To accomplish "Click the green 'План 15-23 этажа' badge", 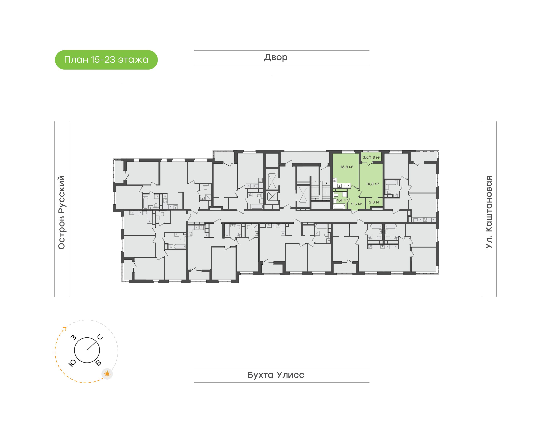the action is click(x=106, y=60).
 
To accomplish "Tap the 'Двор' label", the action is click(x=276, y=57).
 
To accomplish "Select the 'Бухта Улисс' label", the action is click(x=276, y=375).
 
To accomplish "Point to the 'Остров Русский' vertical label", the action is click(x=62, y=212).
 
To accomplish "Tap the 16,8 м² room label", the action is click(x=347, y=167).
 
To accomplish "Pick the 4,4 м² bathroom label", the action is click(x=342, y=200).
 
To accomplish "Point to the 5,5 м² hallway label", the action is click(x=356, y=204).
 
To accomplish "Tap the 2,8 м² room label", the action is click(x=375, y=202).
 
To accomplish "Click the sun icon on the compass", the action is click(x=107, y=374).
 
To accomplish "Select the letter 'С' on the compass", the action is click(x=100, y=337).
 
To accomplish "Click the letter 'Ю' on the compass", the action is click(x=72, y=363).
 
